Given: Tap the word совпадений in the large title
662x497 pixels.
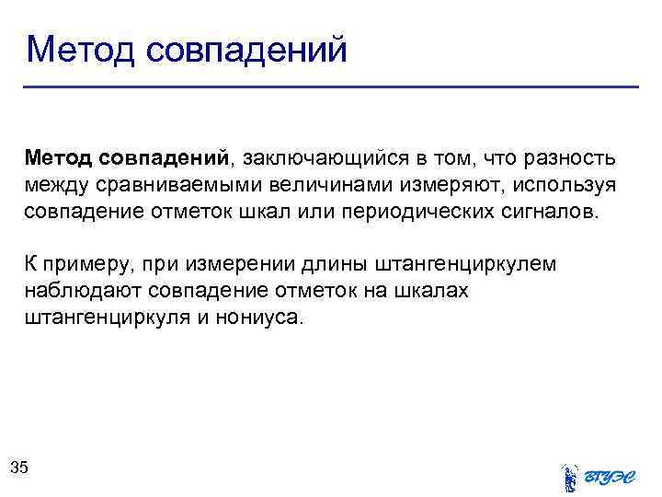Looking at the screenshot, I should [x=246, y=50].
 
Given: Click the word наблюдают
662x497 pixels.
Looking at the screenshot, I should [x=74, y=292].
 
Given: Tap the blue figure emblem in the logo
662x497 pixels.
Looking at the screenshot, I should [x=569, y=477].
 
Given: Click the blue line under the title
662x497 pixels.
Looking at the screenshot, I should [x=331, y=87].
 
